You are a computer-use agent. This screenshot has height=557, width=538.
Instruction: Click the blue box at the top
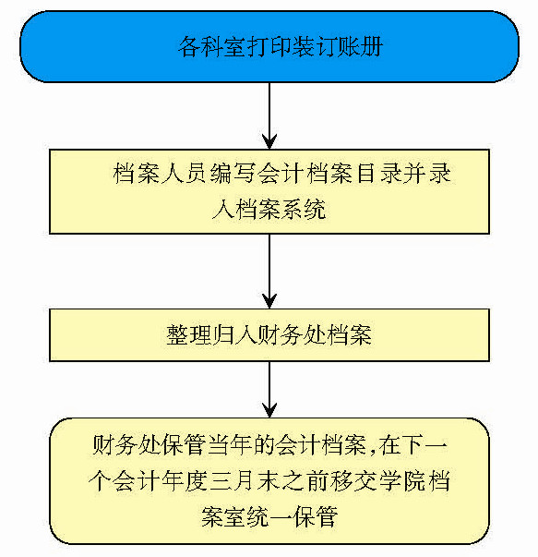(x=269, y=46)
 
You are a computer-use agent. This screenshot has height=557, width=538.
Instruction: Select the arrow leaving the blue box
(x=269, y=115)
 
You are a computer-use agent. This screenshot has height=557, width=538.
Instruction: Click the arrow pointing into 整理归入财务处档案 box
(x=269, y=272)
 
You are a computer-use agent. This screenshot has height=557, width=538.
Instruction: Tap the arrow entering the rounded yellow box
(x=269, y=389)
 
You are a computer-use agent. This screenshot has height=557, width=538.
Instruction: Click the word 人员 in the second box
(x=184, y=174)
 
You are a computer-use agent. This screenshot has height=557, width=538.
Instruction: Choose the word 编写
(x=233, y=174)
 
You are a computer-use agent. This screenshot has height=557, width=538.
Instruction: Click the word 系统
(x=304, y=209)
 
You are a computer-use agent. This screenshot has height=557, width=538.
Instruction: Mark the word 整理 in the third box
(x=189, y=335)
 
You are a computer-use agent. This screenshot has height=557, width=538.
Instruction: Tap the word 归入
(x=234, y=335)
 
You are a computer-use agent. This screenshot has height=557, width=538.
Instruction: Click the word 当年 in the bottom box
(x=230, y=444)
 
